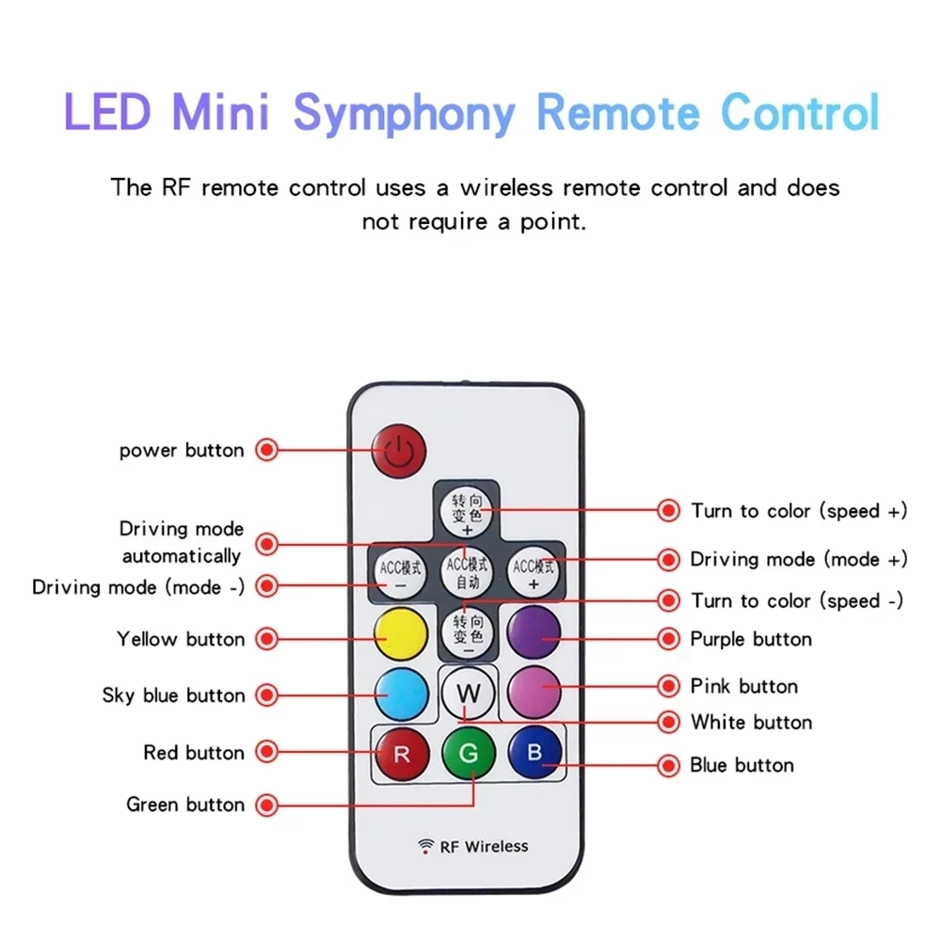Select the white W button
coord(468,695)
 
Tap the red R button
coord(402,753)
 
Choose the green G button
coord(469,754)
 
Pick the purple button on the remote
coord(534,632)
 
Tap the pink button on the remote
coord(534,692)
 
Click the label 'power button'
coord(182,451)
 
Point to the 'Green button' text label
coord(185,805)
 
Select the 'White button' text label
coord(751,723)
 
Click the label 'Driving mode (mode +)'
coord(799,559)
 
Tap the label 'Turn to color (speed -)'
coord(797,601)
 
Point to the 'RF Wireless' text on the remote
coord(485,847)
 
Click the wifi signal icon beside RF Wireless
coord(426,846)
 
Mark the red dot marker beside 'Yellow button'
coord(268,640)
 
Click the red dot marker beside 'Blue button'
coord(669,765)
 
